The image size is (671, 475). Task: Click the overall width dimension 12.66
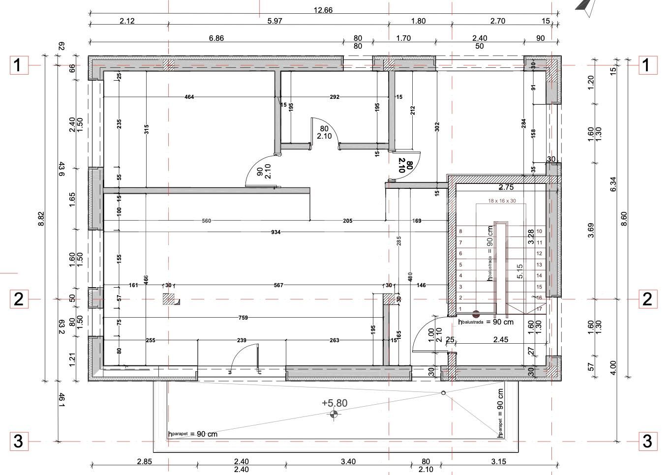click(324, 10)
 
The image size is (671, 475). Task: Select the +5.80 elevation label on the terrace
click(335, 403)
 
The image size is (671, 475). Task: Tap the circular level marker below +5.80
click(334, 415)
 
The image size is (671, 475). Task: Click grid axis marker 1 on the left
click(18, 65)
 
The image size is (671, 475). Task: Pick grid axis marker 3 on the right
click(647, 441)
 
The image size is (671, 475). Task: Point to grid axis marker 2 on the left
click(18, 299)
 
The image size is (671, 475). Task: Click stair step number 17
click(539, 309)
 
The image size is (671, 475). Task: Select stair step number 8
click(460, 231)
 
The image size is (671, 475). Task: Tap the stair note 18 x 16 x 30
click(502, 201)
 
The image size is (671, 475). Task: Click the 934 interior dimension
click(275, 232)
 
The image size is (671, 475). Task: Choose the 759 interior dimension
click(243, 318)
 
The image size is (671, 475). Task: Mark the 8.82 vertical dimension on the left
click(41, 219)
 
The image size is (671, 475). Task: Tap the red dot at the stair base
click(476, 314)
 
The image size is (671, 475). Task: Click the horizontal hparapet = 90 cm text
click(193, 434)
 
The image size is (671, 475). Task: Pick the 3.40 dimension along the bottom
click(348, 462)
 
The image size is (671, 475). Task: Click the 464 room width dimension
click(189, 97)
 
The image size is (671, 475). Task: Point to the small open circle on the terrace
click(443, 393)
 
